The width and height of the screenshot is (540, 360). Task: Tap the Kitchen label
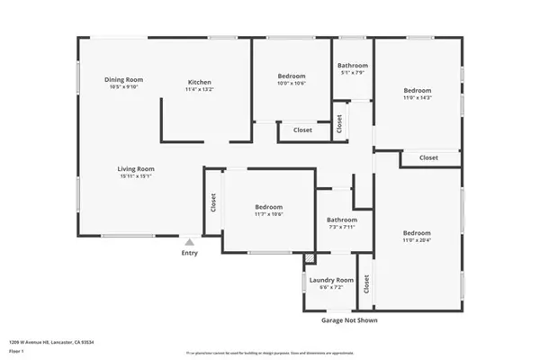click(x=199, y=82)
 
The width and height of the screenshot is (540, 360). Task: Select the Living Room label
click(x=136, y=168)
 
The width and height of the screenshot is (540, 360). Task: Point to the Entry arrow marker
click(x=189, y=242)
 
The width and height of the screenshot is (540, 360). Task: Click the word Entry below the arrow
click(x=189, y=253)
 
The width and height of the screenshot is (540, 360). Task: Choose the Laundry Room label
click(x=331, y=281)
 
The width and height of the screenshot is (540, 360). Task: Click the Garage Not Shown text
click(x=349, y=319)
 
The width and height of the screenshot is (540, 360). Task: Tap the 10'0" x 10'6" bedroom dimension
click(x=292, y=83)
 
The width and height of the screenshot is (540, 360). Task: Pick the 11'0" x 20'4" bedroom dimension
click(x=416, y=239)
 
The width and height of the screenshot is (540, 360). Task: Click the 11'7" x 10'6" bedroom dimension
click(x=268, y=214)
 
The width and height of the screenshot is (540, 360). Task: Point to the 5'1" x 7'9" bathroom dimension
click(x=352, y=73)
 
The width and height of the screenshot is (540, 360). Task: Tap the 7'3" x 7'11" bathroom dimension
click(x=342, y=227)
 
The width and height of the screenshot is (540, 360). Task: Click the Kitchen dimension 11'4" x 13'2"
click(x=199, y=89)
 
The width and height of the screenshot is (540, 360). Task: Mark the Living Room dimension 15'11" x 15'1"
click(x=136, y=176)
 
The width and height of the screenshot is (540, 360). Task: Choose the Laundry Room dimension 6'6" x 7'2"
click(x=331, y=289)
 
